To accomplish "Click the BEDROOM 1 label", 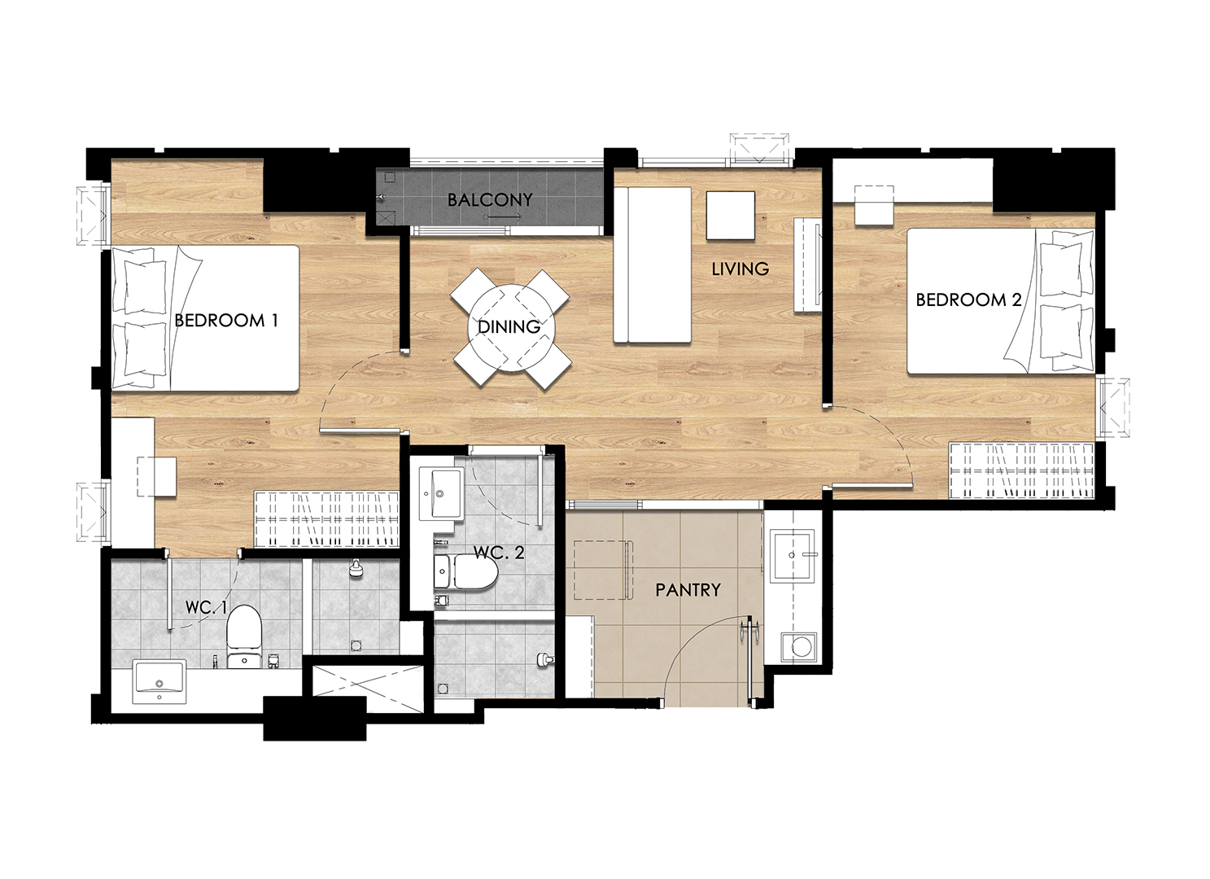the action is point(226,321).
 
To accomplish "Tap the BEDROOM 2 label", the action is point(968,300).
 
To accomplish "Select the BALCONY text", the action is point(490,200).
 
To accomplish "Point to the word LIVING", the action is point(740,269).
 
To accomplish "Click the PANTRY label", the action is point(688,589).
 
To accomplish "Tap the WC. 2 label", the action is point(499,553).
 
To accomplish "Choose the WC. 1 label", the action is point(206,607).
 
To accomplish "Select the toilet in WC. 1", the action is point(244,636).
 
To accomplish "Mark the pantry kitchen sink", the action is point(792,555).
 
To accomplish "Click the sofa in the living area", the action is point(653,265).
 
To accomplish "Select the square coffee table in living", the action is point(731,216).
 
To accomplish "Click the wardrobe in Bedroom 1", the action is point(327,518).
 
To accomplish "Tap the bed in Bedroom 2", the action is point(1001,301).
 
